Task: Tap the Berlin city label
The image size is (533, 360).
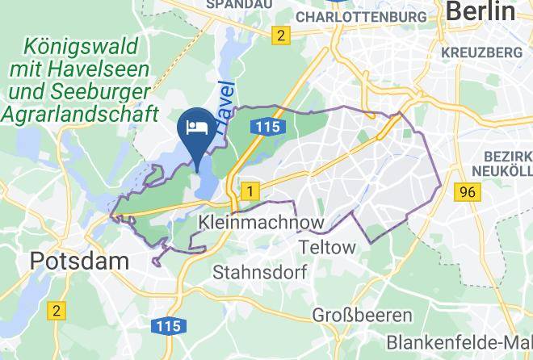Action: [x=480, y=11]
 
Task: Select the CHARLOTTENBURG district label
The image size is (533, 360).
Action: [x=361, y=16]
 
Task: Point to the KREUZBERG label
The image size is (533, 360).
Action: [x=482, y=52]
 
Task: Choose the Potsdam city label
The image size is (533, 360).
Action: [x=79, y=261]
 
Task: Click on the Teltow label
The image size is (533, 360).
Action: [x=327, y=246]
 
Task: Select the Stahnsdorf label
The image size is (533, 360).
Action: [x=260, y=272]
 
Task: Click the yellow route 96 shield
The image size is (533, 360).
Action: [x=466, y=192]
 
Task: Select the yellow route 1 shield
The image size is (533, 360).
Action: [x=251, y=191]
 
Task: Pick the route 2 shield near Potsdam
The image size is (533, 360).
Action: [x=56, y=310]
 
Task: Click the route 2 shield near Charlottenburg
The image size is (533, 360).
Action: [x=280, y=36]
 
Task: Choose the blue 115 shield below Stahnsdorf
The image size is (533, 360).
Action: [x=168, y=325]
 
